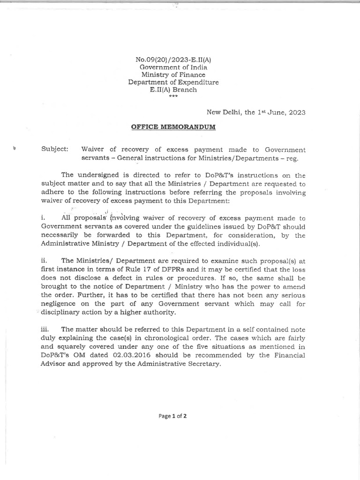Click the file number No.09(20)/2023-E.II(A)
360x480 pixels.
coord(173,60)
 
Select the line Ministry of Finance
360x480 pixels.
coord(173,75)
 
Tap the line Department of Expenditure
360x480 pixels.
coord(173,82)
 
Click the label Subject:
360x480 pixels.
coord(55,150)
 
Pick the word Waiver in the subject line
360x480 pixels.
coord(94,150)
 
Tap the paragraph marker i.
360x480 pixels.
coord(43,218)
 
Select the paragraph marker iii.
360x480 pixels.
coord(45,330)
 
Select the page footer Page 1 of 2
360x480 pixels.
coord(173,416)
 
